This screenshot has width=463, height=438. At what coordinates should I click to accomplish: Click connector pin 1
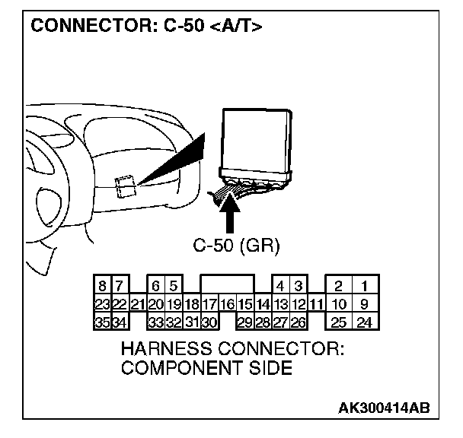pyautogui.click(x=365, y=287)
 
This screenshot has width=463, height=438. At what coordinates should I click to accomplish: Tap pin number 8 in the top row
pyautogui.click(x=101, y=287)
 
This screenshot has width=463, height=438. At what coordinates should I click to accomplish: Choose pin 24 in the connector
pyautogui.click(x=365, y=322)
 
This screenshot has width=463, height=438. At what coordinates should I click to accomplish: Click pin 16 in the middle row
pyautogui.click(x=226, y=305)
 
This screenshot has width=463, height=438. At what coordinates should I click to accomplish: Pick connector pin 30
pyautogui.click(x=209, y=322)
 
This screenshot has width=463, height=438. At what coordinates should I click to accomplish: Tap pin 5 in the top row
pyautogui.click(x=174, y=287)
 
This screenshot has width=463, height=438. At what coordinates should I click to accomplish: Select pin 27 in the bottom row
pyautogui.click(x=280, y=322)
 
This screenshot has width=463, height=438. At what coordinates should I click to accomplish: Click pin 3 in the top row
pyautogui.click(x=298, y=287)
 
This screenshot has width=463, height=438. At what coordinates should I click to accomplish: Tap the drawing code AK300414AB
pyautogui.click(x=383, y=408)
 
